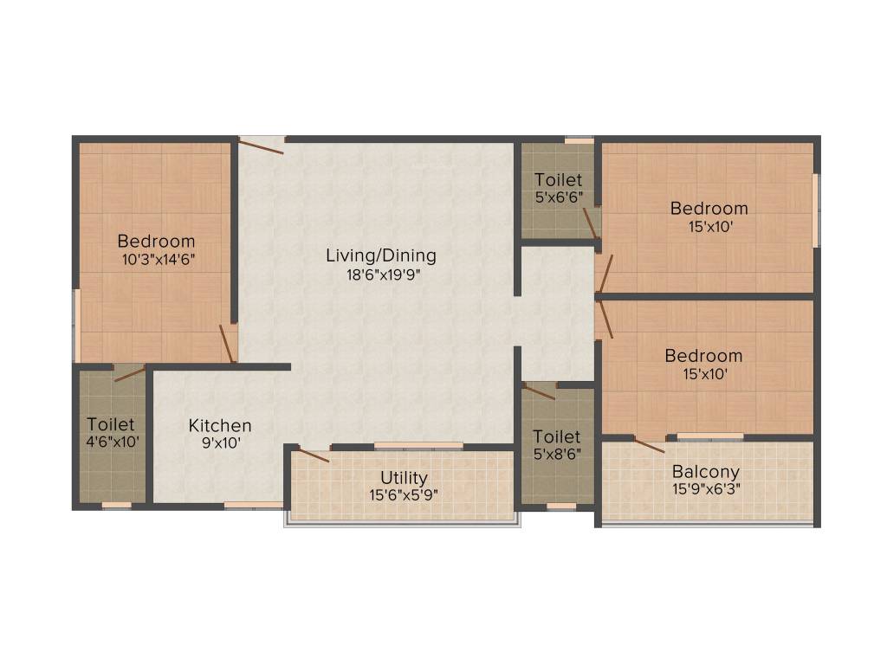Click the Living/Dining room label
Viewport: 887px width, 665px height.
(x=381, y=255)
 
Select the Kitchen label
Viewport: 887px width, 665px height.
(x=220, y=425)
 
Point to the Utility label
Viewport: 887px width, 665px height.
(x=405, y=478)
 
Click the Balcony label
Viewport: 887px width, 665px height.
(x=707, y=472)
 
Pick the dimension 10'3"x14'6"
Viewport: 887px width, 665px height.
(x=157, y=258)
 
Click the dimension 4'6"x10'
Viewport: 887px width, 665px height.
(x=111, y=442)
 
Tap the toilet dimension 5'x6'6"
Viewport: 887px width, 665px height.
(x=558, y=197)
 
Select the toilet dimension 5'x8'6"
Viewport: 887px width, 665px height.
(x=557, y=453)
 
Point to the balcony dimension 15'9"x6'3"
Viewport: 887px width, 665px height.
(x=707, y=487)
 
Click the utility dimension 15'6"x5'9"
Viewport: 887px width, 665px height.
(x=405, y=494)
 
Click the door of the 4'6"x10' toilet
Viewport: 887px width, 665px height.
(x=130, y=374)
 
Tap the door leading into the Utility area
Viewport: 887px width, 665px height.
(x=313, y=453)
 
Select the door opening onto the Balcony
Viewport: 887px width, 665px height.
(x=649, y=445)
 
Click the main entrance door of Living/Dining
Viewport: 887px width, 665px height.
(x=261, y=146)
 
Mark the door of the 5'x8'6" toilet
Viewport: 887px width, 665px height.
(x=540, y=391)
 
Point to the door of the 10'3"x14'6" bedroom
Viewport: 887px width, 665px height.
(x=227, y=343)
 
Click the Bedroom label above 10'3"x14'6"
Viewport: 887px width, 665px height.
(x=157, y=241)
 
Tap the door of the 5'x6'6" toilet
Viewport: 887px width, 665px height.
(x=590, y=223)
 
